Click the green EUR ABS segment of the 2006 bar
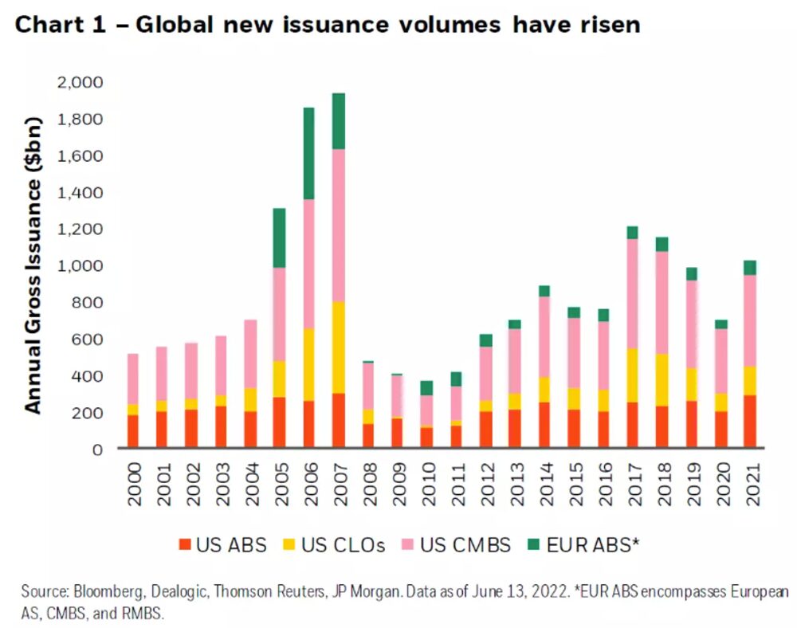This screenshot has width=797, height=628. tap(309, 153)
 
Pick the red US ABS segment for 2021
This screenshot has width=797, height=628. tap(750, 421)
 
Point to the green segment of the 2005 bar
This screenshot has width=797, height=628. tap(280, 237)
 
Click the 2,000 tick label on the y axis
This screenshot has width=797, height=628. tap(80, 82)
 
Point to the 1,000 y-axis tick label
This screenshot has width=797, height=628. tap(80, 265)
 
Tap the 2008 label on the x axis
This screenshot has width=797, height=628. tap(368, 482)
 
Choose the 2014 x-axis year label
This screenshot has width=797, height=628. tap(544, 482)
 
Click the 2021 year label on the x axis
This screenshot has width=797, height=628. tap(751, 482)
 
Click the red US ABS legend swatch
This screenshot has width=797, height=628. tap(186, 545)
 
